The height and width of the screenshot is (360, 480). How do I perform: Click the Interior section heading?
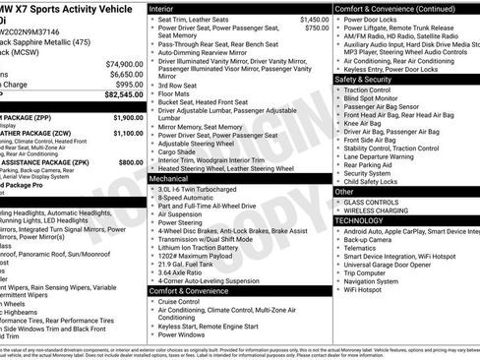pyautogui.click(x=168, y=8)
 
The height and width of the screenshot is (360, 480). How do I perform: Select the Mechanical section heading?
pyautogui.click(x=171, y=180)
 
